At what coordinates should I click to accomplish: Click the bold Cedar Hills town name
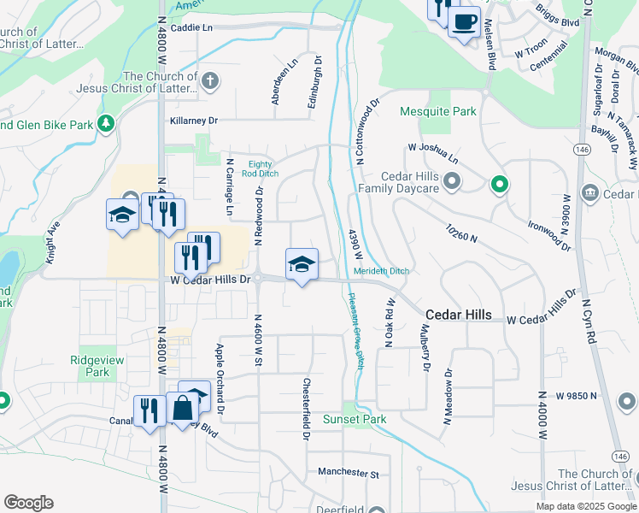pos(458,315)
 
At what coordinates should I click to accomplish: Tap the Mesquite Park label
pos(438,111)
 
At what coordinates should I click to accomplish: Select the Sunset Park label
pos(354,419)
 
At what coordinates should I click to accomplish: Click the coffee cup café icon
pos(464,21)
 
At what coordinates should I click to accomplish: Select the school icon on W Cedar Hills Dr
pos(301,264)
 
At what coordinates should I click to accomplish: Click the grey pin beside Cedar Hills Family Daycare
pos(452,181)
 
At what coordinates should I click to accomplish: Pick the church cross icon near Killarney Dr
pos(210,81)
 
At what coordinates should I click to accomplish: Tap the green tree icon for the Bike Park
pos(106,125)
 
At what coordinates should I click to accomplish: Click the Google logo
pos(28,503)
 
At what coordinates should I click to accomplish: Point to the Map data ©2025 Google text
pos(585,506)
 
